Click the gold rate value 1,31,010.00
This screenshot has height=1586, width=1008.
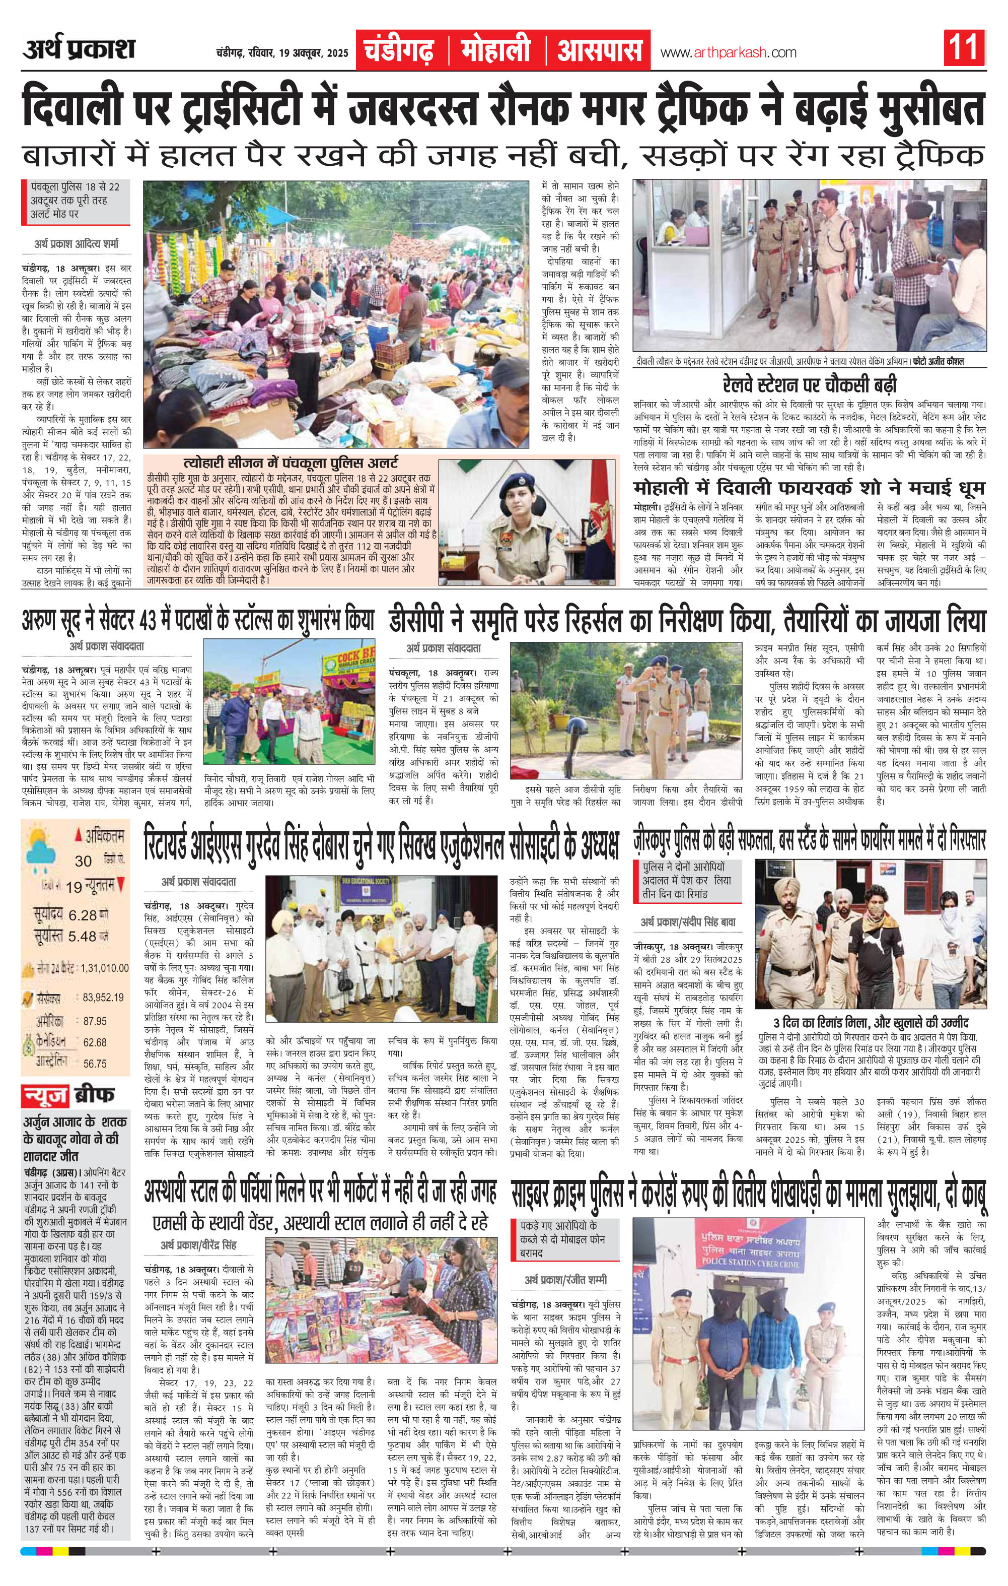(x=105, y=968)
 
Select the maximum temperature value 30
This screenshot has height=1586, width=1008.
(x=83, y=861)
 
